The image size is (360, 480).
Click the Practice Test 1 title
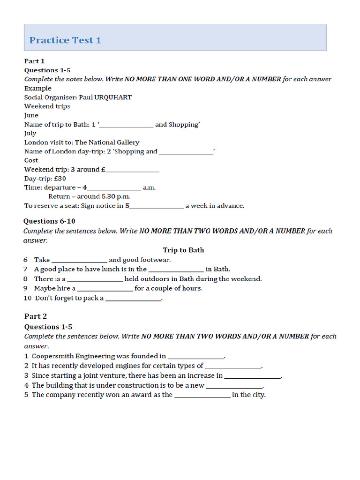tap(65, 40)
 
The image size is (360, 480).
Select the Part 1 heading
tap(34, 61)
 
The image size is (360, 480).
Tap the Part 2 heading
tap(36, 316)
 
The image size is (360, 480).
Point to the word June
tap(31, 115)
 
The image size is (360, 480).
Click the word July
tap(30, 133)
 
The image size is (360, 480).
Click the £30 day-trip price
tap(59, 179)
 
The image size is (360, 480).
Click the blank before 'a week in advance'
tap(156, 206)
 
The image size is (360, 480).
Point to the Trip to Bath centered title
tap(183, 250)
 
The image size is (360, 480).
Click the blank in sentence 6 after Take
tap(79, 260)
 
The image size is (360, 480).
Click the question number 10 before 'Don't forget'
tap(27, 298)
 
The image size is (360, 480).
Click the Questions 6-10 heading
tap(49, 221)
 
